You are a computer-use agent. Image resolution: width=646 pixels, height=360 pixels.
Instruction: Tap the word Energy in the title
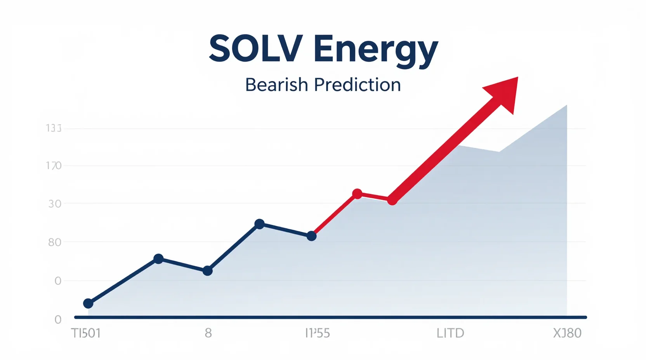(x=375, y=50)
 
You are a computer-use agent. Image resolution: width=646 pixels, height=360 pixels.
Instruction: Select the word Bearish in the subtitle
(x=276, y=85)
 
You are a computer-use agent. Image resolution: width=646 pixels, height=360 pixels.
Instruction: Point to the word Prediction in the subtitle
(x=357, y=85)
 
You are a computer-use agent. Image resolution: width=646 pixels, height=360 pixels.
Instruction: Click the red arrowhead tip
(x=517, y=78)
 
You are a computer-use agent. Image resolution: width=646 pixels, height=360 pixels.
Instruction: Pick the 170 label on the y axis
(x=54, y=166)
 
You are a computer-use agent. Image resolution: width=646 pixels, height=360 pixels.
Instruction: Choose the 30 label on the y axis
(x=55, y=204)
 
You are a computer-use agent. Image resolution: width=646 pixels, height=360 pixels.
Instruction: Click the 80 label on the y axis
(x=55, y=242)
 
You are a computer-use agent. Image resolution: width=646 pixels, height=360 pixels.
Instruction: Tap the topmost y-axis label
(x=54, y=128)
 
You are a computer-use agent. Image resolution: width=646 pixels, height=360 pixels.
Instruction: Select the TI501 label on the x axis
(x=86, y=333)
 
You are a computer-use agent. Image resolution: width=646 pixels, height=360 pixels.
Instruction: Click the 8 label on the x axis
(x=208, y=333)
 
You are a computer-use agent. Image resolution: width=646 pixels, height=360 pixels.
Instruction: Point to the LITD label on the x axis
(x=450, y=333)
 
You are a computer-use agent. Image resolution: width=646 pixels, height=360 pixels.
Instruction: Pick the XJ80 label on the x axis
(x=567, y=333)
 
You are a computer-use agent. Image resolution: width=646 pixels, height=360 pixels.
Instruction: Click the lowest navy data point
(x=88, y=303)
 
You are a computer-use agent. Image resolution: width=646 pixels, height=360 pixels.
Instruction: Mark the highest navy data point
(x=259, y=224)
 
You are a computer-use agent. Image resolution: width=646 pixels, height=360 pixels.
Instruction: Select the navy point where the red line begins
(x=311, y=236)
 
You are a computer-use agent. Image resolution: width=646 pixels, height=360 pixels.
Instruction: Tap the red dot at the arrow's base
(x=392, y=200)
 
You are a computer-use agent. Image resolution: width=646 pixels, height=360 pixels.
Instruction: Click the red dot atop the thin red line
(x=357, y=194)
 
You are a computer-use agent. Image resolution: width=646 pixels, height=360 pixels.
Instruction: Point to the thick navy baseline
(x=330, y=317)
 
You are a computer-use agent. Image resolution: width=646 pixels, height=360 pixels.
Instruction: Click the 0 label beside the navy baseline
(x=58, y=320)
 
